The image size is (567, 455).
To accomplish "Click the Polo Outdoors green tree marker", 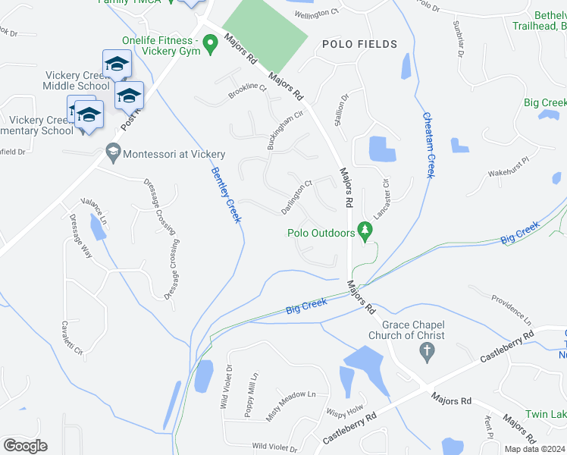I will pos(366,231).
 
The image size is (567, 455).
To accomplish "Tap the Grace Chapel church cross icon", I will pos(426,351).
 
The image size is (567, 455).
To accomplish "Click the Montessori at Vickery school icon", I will pos(113,153).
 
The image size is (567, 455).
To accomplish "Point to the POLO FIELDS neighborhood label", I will pos(359,45).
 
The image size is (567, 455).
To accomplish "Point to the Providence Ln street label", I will pos(512,309).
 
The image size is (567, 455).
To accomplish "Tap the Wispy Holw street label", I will pos(346,413).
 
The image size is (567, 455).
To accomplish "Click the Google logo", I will pos(25,446).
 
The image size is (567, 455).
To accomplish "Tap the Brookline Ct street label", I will pos(248,93).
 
